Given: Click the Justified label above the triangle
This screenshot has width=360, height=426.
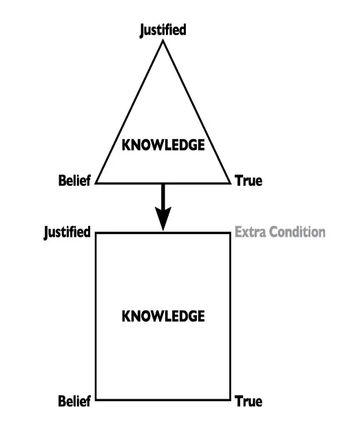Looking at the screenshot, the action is point(163,30).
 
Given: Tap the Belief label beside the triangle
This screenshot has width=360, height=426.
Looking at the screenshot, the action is point(74,181).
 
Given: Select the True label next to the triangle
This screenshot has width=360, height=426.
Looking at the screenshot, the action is point(248,181).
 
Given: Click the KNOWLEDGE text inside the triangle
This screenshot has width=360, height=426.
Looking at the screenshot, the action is point(163,145).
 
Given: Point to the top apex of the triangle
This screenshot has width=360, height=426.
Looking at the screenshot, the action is point(163,40).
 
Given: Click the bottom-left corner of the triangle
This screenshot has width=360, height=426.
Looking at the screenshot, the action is point(96,183).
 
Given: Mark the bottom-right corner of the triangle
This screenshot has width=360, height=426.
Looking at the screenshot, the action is point(231,183).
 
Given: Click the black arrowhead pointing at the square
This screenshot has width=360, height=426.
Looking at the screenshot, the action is point(163,217).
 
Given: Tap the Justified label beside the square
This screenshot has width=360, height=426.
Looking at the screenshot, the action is point(67,233).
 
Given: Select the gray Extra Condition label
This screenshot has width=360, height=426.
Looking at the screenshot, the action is point(280,232).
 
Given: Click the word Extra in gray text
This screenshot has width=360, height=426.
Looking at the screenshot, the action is point(251,232).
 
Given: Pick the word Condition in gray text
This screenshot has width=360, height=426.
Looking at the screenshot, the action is point(297,232).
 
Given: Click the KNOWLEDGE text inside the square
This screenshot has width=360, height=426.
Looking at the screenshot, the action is point(163,317).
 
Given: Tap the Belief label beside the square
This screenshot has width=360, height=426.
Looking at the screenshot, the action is point(74,401).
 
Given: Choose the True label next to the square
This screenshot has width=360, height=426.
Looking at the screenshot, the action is point(248,401).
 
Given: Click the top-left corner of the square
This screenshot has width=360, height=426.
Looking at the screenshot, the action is point(96,233).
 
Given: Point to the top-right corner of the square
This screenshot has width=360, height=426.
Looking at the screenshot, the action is point(230,233).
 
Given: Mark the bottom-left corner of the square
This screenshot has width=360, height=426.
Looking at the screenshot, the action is point(96,400).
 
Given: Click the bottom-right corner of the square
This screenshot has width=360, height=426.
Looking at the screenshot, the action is point(230,400).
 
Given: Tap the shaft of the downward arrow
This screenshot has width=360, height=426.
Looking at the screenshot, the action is point(163,195).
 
